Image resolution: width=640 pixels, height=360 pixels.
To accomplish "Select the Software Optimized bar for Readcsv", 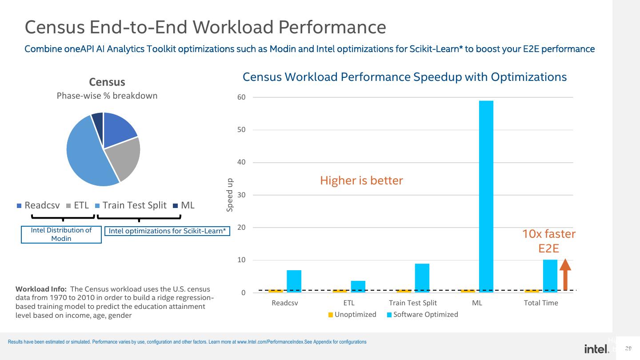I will click(x=294, y=281).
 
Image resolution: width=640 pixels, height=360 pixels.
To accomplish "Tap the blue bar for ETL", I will click(x=358, y=287).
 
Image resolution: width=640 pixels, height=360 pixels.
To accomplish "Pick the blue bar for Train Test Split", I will click(x=422, y=278).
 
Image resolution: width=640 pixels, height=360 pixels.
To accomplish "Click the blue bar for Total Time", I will click(x=550, y=276).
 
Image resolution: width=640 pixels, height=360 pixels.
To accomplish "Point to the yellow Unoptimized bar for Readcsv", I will click(x=276, y=291).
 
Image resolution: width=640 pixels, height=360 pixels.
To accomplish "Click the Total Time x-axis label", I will click(x=541, y=303).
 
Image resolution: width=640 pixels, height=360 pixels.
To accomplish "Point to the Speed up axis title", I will click(x=230, y=195).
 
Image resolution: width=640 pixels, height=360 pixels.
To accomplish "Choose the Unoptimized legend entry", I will click(x=352, y=315).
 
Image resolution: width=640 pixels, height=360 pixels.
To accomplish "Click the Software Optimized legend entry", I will click(x=422, y=315).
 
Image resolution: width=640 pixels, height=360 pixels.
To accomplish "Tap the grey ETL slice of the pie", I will click(x=127, y=159).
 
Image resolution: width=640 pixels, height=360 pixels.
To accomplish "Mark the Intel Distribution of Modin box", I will click(x=61, y=234).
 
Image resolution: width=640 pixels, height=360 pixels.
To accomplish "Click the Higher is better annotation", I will click(x=361, y=180).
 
